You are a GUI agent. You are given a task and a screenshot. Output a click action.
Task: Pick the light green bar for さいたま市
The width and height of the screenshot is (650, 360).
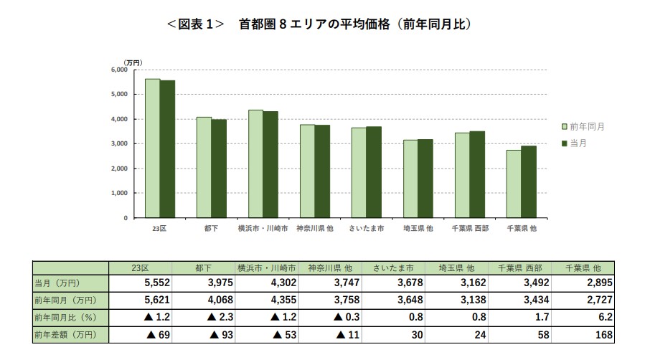359,172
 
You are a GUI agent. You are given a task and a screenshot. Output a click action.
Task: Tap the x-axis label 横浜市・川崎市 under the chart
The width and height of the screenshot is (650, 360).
263,228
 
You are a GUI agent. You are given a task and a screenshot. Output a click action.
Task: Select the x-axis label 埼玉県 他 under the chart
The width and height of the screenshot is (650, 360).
418,228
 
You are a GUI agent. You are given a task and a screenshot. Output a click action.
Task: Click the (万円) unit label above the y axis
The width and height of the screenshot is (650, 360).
133,62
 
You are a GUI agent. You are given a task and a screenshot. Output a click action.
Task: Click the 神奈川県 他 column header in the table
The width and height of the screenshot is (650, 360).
330,267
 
